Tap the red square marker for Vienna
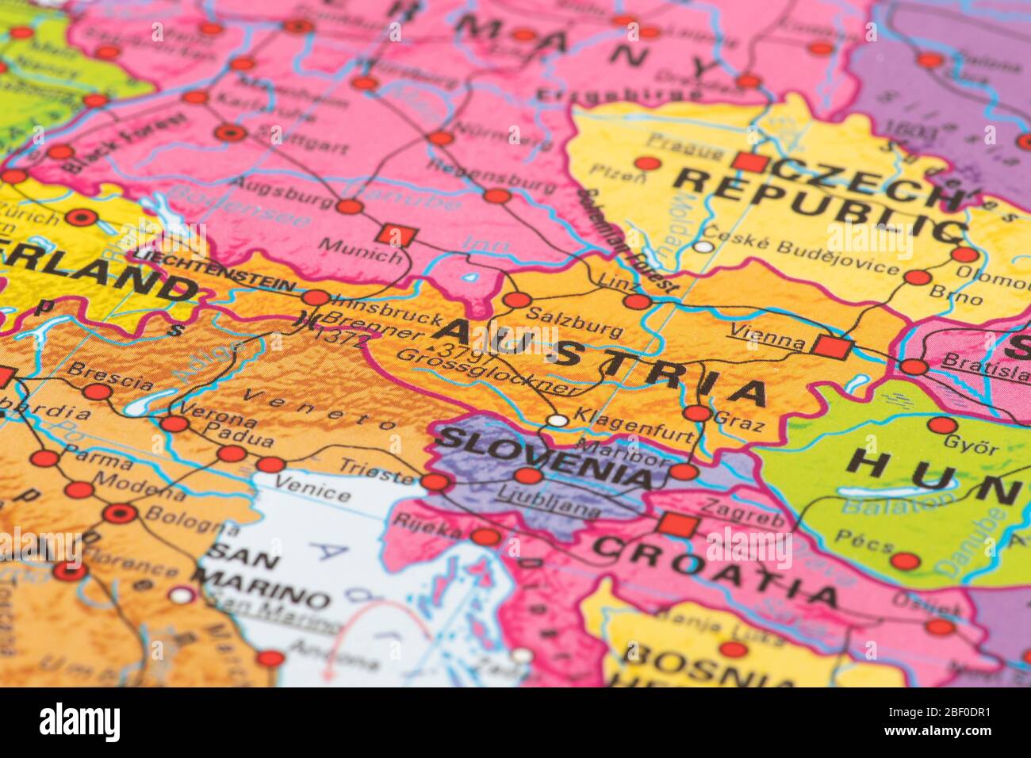pyautogui.click(x=830, y=347)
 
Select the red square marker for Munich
pyautogui.click(x=397, y=235)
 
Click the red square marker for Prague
pyautogui.click(x=749, y=163)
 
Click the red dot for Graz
pyautogui.click(x=696, y=413)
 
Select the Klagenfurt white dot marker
pyautogui.click(x=558, y=420)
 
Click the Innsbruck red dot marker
pyautogui.click(x=316, y=298)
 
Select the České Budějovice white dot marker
pyautogui.click(x=703, y=247)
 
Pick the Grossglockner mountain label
pyautogui.click(x=485, y=371)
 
